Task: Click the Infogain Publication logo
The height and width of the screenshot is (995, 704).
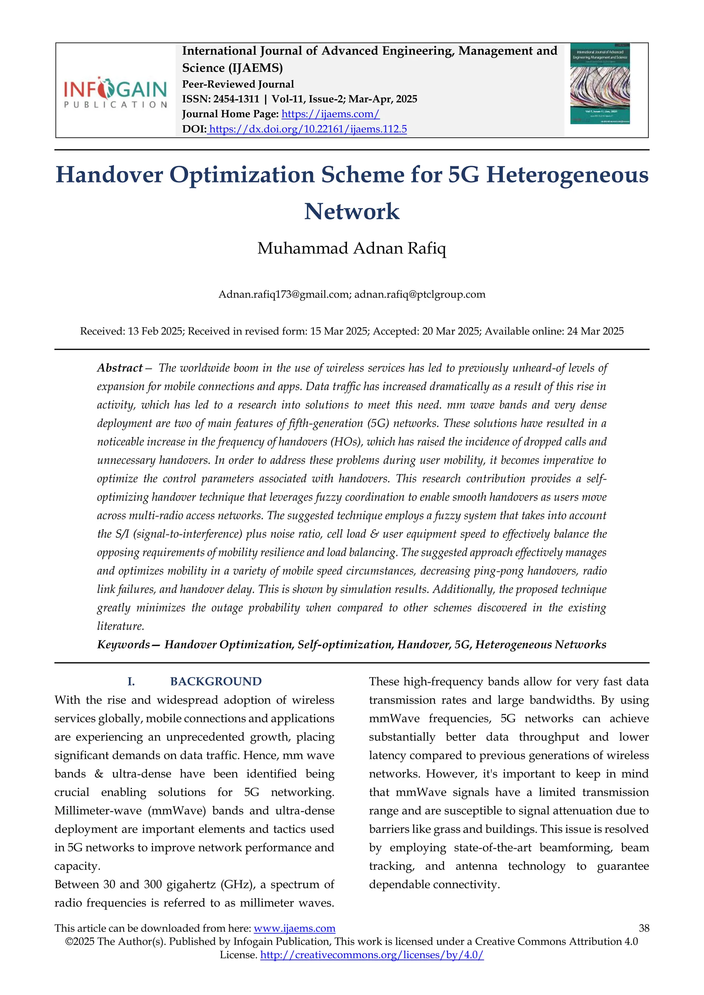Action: [115, 92]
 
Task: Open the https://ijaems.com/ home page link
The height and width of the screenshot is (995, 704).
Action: [330, 114]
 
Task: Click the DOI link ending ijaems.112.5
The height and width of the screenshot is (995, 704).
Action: [307, 129]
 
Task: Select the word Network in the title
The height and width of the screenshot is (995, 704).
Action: [352, 212]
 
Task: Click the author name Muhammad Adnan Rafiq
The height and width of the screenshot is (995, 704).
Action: [352, 249]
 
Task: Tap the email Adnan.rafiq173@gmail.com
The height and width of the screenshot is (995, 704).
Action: [284, 295]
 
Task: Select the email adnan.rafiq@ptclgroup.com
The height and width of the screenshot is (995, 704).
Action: [420, 295]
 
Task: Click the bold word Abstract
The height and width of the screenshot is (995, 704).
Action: [120, 368]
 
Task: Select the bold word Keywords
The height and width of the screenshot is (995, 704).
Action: [123, 645]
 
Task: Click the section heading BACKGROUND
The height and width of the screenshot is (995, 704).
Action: [216, 682]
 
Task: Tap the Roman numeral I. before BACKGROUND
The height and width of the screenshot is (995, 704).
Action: [131, 682]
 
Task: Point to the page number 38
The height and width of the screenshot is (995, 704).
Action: [644, 928]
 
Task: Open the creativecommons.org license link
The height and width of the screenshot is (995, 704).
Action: [372, 955]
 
